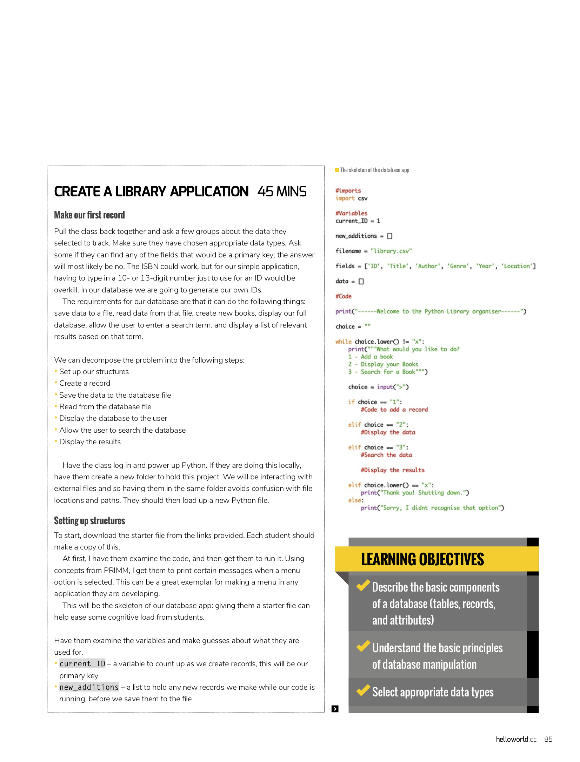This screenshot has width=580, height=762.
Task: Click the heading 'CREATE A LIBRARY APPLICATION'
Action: (151, 192)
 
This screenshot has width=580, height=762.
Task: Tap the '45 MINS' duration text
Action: (282, 192)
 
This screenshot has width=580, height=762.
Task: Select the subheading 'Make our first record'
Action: (89, 215)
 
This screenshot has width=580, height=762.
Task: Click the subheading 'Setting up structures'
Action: (89, 521)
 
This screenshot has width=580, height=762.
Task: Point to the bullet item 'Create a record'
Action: (85, 383)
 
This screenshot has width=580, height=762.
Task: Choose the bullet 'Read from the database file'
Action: (105, 407)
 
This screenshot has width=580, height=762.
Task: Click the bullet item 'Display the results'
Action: (90, 442)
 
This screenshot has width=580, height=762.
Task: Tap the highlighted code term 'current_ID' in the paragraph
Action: (82, 664)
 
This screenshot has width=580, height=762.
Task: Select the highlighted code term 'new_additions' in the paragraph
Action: (89, 687)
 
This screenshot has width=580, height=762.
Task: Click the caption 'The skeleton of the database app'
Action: (374, 170)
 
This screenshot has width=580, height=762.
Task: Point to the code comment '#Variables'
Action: (351, 213)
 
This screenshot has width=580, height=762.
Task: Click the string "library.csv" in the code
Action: (391, 251)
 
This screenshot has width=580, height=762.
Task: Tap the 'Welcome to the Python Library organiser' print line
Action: (431, 311)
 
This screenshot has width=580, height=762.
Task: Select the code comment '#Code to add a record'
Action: (394, 410)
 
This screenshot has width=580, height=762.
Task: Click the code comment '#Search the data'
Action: (386, 455)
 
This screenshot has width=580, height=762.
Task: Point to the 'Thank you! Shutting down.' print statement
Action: (415, 493)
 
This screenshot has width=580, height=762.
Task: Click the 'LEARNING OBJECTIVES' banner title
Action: (422, 559)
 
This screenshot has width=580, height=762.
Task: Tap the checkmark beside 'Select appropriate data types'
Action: (363, 690)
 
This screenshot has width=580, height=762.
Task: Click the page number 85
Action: (548, 740)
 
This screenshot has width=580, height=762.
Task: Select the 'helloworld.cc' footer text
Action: (516, 740)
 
